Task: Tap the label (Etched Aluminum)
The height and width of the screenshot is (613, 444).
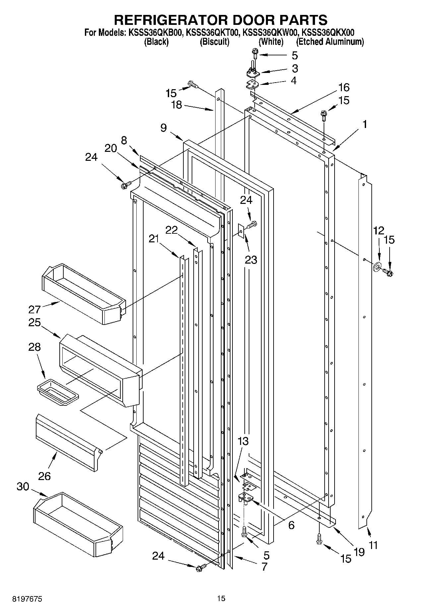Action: (x=330, y=42)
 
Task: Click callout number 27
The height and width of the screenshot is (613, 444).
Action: (x=34, y=309)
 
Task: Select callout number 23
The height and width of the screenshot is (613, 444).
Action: (x=251, y=260)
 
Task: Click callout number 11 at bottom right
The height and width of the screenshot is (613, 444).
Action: (x=373, y=544)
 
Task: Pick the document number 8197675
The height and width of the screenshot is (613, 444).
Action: (x=28, y=599)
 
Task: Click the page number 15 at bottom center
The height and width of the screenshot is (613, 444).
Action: (x=221, y=598)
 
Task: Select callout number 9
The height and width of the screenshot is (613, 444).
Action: (x=164, y=128)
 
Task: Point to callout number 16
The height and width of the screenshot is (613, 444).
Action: (x=344, y=88)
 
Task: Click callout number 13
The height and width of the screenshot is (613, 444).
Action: (x=243, y=441)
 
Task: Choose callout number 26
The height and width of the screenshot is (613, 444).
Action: (x=44, y=476)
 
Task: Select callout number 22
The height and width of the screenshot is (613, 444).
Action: (x=171, y=230)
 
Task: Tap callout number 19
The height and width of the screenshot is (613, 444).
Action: (x=359, y=551)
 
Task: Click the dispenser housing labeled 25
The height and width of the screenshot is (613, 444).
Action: (x=99, y=370)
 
